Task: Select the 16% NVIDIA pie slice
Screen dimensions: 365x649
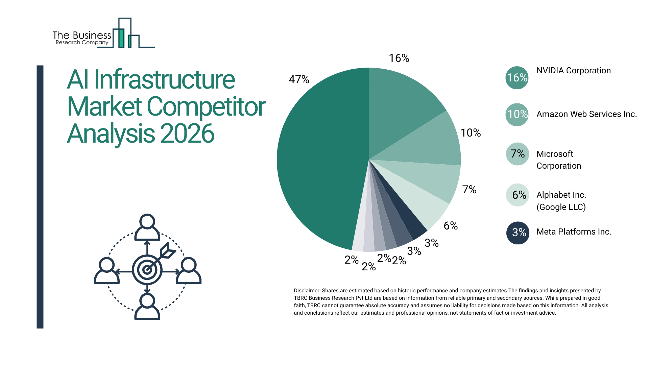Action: pyautogui.click(x=399, y=101)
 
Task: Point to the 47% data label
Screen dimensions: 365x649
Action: pyautogui.click(x=299, y=79)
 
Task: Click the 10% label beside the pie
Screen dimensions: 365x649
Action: pyautogui.click(x=471, y=133)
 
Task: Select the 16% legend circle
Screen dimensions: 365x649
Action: pyautogui.click(x=517, y=78)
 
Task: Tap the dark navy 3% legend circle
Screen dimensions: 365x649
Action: pyautogui.click(x=518, y=233)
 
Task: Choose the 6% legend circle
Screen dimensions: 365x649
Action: pyautogui.click(x=518, y=195)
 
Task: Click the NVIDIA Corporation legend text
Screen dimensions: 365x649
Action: pyautogui.click(x=574, y=71)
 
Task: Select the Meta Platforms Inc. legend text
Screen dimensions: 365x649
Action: pyautogui.click(x=574, y=232)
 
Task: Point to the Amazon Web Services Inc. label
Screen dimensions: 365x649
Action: pyautogui.click(x=586, y=114)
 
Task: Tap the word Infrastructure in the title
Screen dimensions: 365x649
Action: pyautogui.click(x=164, y=80)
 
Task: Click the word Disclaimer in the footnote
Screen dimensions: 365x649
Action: pyautogui.click(x=307, y=291)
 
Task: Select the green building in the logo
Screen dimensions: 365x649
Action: pyautogui.click(x=121, y=38)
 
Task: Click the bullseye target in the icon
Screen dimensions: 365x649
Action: pyautogui.click(x=147, y=270)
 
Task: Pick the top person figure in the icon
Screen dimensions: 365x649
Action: pyautogui.click(x=147, y=227)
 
